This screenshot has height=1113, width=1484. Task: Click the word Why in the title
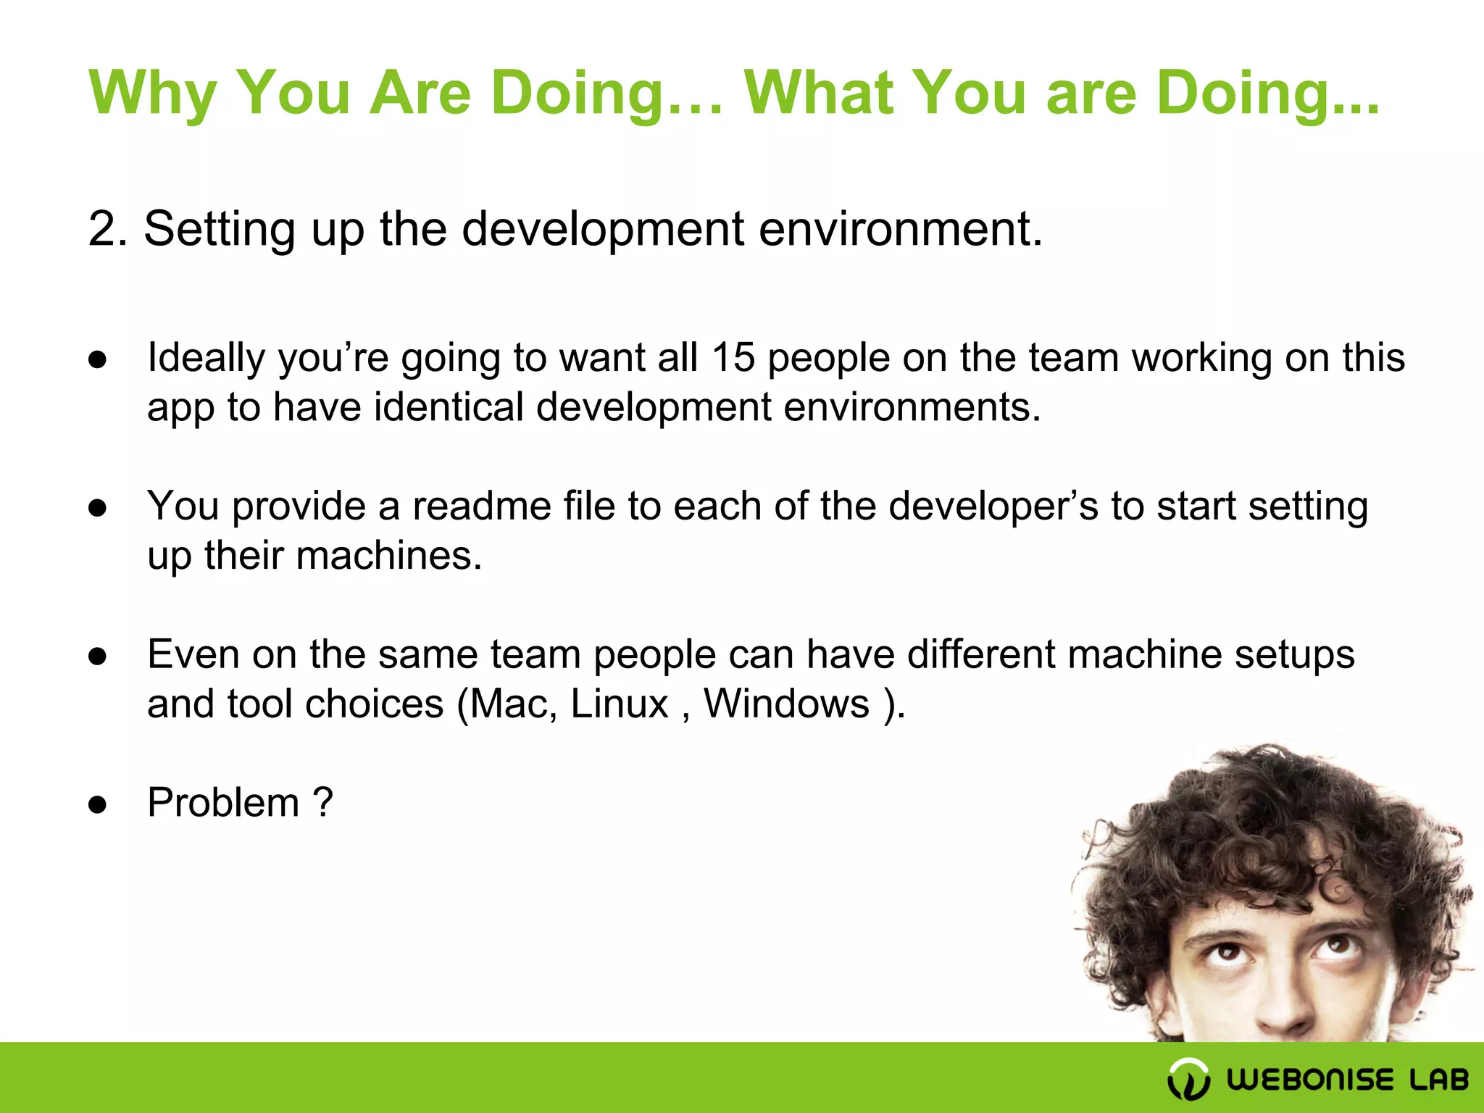[x=152, y=94]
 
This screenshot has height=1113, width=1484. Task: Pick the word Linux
[x=620, y=704]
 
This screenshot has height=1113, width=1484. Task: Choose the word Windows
[x=786, y=704]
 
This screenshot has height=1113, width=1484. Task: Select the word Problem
[x=223, y=803]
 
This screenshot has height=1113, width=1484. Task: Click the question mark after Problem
[x=323, y=803]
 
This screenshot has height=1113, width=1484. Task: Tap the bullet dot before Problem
[x=98, y=804]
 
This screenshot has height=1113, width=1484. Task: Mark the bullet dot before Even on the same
[x=98, y=656]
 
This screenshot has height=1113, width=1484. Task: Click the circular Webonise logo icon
[x=1188, y=1079]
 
